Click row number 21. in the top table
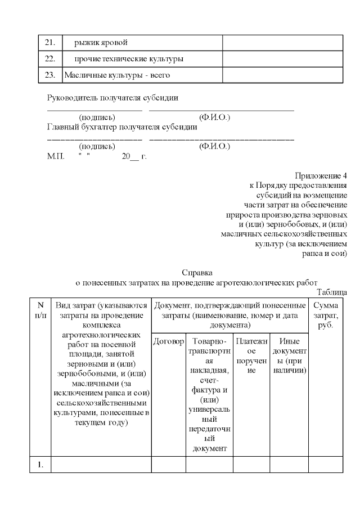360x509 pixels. [x=49, y=43]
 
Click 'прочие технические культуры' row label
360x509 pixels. [x=129, y=59]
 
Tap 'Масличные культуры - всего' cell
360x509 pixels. [x=117, y=75]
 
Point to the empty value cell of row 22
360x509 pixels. [x=282, y=59]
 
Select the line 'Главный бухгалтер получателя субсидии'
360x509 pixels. [x=122, y=127]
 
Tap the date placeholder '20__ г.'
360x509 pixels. [x=134, y=156]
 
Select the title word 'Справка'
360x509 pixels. [x=196, y=273]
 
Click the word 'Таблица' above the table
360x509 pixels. [x=332, y=291]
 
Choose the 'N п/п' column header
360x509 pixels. [x=40, y=310]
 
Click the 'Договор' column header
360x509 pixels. [x=168, y=341]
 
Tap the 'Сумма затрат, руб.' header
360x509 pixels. [x=325, y=315]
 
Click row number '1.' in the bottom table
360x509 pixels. [x=40, y=464]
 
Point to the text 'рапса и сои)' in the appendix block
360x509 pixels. [x=325, y=254]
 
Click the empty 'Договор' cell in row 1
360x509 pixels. [x=168, y=464]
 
